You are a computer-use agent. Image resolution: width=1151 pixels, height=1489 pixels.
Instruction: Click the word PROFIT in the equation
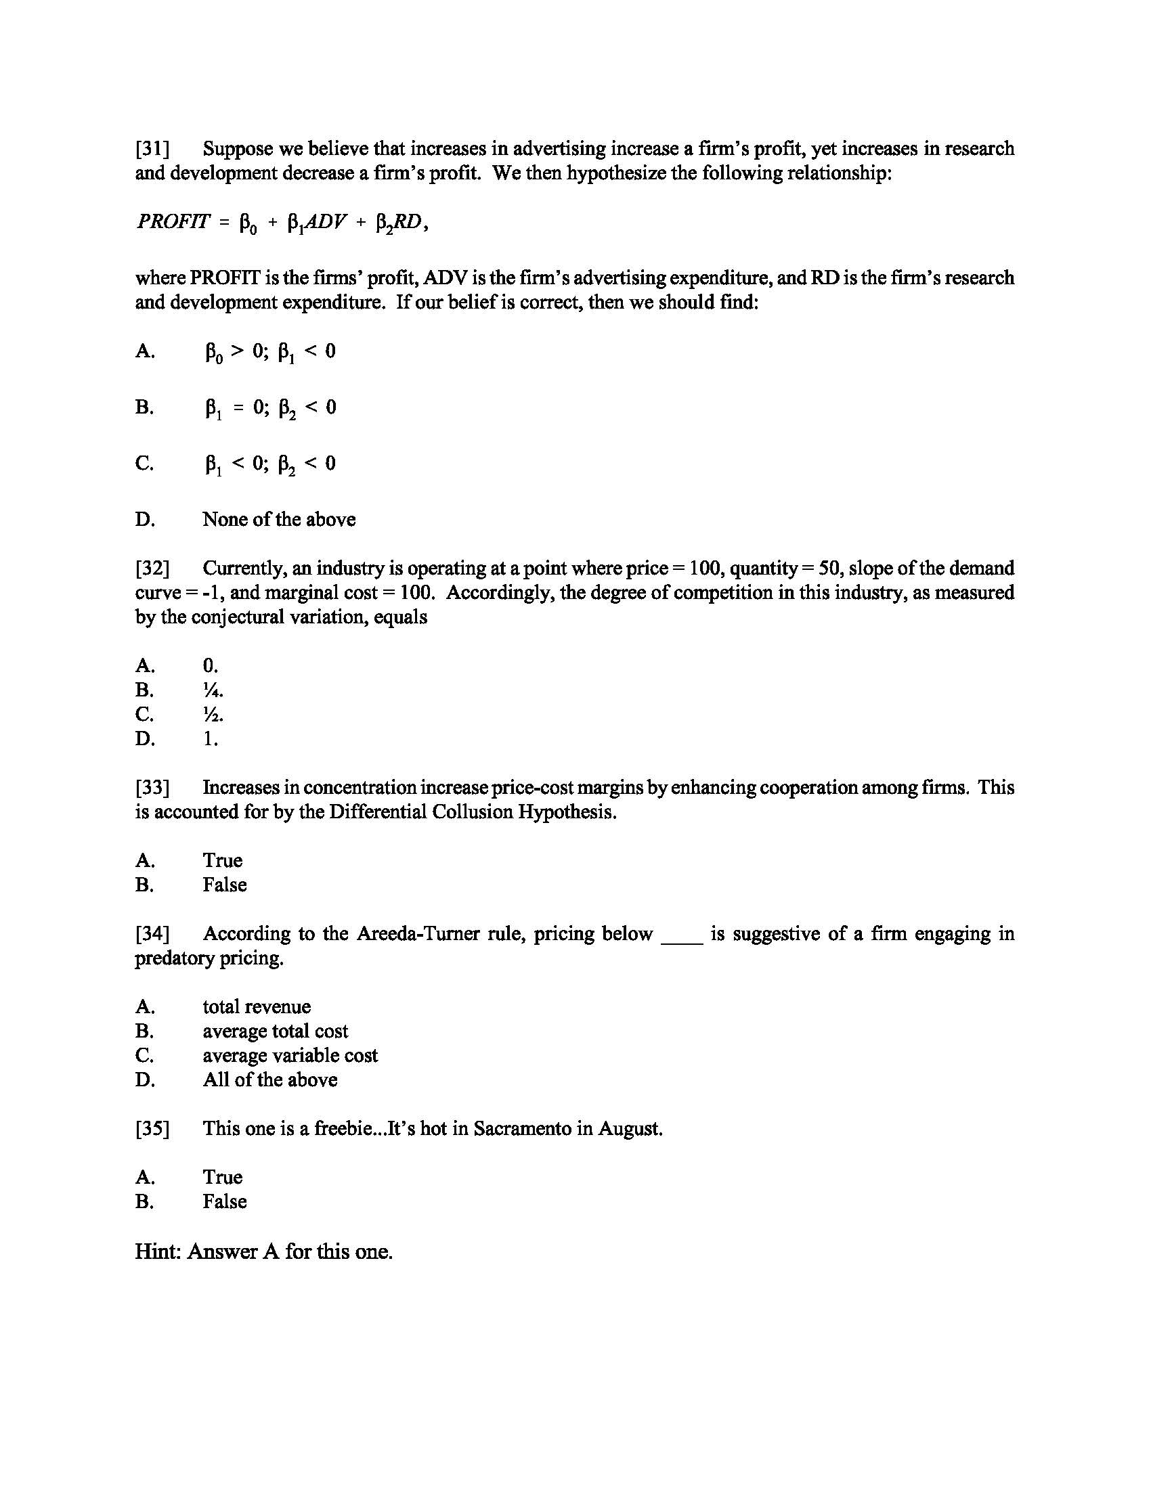[x=173, y=221]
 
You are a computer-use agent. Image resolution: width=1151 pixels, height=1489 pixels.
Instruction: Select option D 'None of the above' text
[x=279, y=520]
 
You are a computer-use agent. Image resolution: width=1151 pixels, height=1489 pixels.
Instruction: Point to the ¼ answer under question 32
[x=213, y=690]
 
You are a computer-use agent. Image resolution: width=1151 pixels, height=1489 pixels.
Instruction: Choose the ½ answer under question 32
[x=213, y=715]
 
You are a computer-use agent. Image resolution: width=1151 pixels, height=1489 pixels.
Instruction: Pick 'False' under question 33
[x=224, y=885]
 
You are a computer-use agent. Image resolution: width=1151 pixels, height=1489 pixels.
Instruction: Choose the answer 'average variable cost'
[x=290, y=1055]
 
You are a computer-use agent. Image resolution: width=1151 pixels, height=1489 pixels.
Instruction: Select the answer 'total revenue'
[x=257, y=1006]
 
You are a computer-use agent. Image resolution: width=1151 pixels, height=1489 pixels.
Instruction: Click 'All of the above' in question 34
[x=270, y=1080]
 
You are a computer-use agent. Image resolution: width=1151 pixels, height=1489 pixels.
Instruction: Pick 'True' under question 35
[x=222, y=1177]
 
